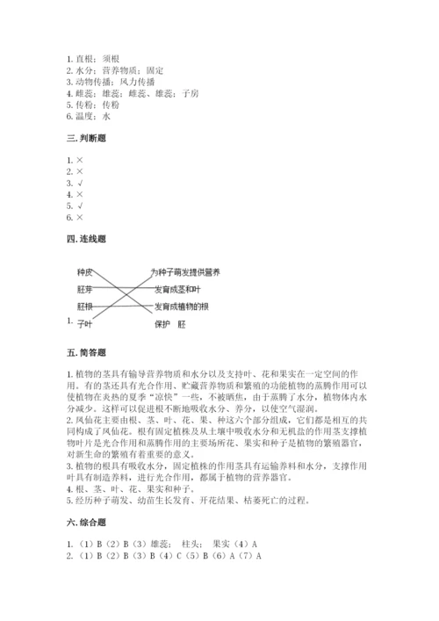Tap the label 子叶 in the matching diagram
click(84, 323)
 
